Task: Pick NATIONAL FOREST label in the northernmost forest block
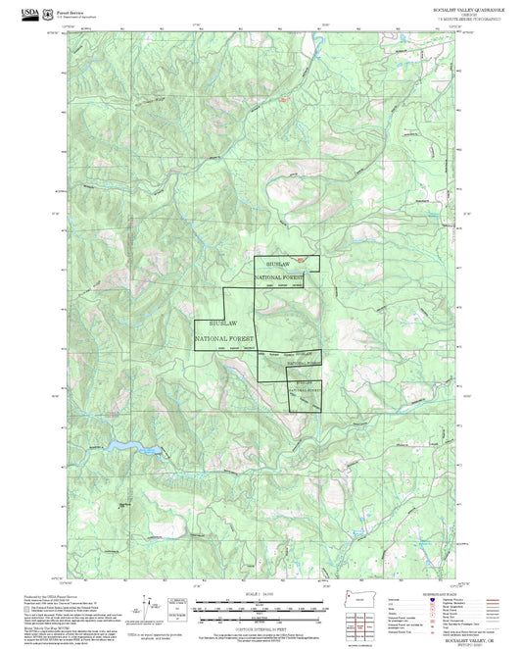click(280, 278)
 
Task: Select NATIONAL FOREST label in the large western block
click(224, 338)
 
